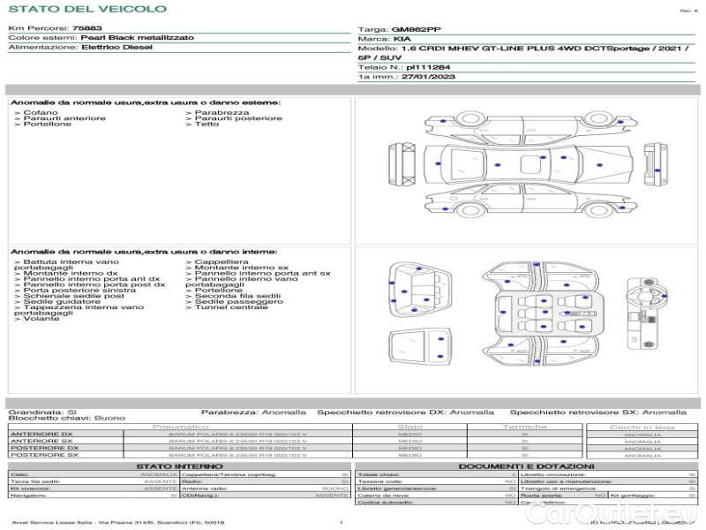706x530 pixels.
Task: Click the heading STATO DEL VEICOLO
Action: (87, 9)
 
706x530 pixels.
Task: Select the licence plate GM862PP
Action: (416, 29)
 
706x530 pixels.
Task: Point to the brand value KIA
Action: (402, 39)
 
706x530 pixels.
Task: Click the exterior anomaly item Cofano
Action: (41, 112)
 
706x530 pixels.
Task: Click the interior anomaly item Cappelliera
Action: (222, 262)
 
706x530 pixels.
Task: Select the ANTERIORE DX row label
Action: (41, 434)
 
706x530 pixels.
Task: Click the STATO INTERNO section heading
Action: (180, 466)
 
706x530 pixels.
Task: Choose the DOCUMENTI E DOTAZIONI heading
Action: (526, 466)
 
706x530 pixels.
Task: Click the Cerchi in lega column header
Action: (642, 427)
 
